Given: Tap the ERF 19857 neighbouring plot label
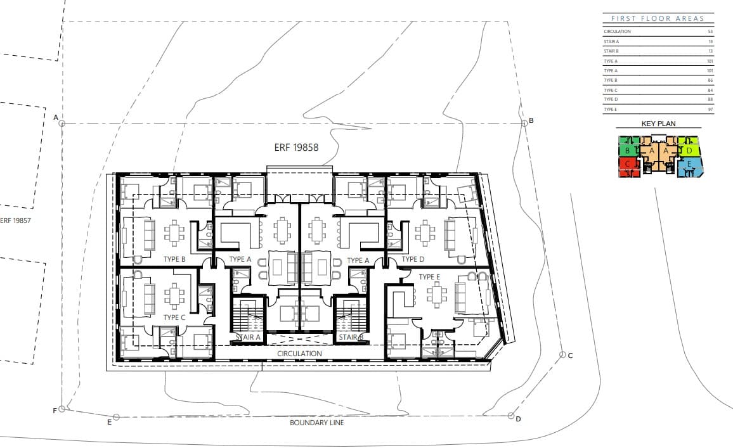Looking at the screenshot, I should coord(16,221).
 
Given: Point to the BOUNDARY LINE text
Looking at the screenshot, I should coord(316,423).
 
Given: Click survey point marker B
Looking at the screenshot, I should coord(524,122).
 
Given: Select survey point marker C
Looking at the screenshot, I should coord(562,355).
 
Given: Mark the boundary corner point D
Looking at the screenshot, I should coord(511,416).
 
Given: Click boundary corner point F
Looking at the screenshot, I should coord(62,409).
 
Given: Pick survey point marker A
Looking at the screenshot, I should coord(62,123).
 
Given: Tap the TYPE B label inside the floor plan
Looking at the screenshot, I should coord(174,260).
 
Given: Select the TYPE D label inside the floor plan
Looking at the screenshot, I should coord(412,260).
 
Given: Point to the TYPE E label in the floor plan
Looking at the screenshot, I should coord(429,277).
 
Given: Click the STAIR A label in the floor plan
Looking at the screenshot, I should coord(249,338).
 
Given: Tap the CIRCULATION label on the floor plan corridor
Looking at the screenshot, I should coord(299,354).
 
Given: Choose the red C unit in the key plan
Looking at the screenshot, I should coord(627,166).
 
